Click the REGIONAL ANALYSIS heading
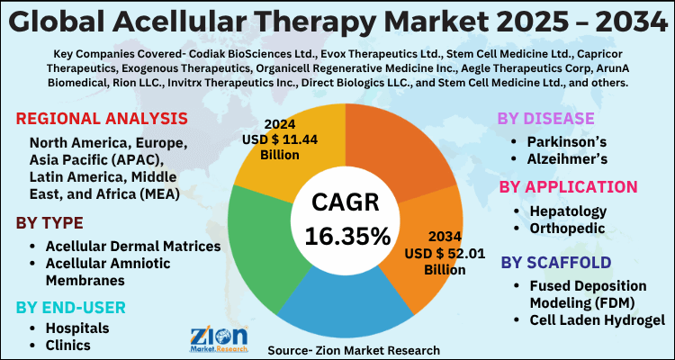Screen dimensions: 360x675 [x=102, y=120]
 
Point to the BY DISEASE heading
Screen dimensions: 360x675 [x=546, y=119]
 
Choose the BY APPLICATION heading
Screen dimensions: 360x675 [x=568, y=186]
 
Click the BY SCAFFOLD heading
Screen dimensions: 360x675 [x=556, y=262]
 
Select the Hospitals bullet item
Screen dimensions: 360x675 [x=78, y=328]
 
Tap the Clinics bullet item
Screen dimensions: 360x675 [x=70, y=345]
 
